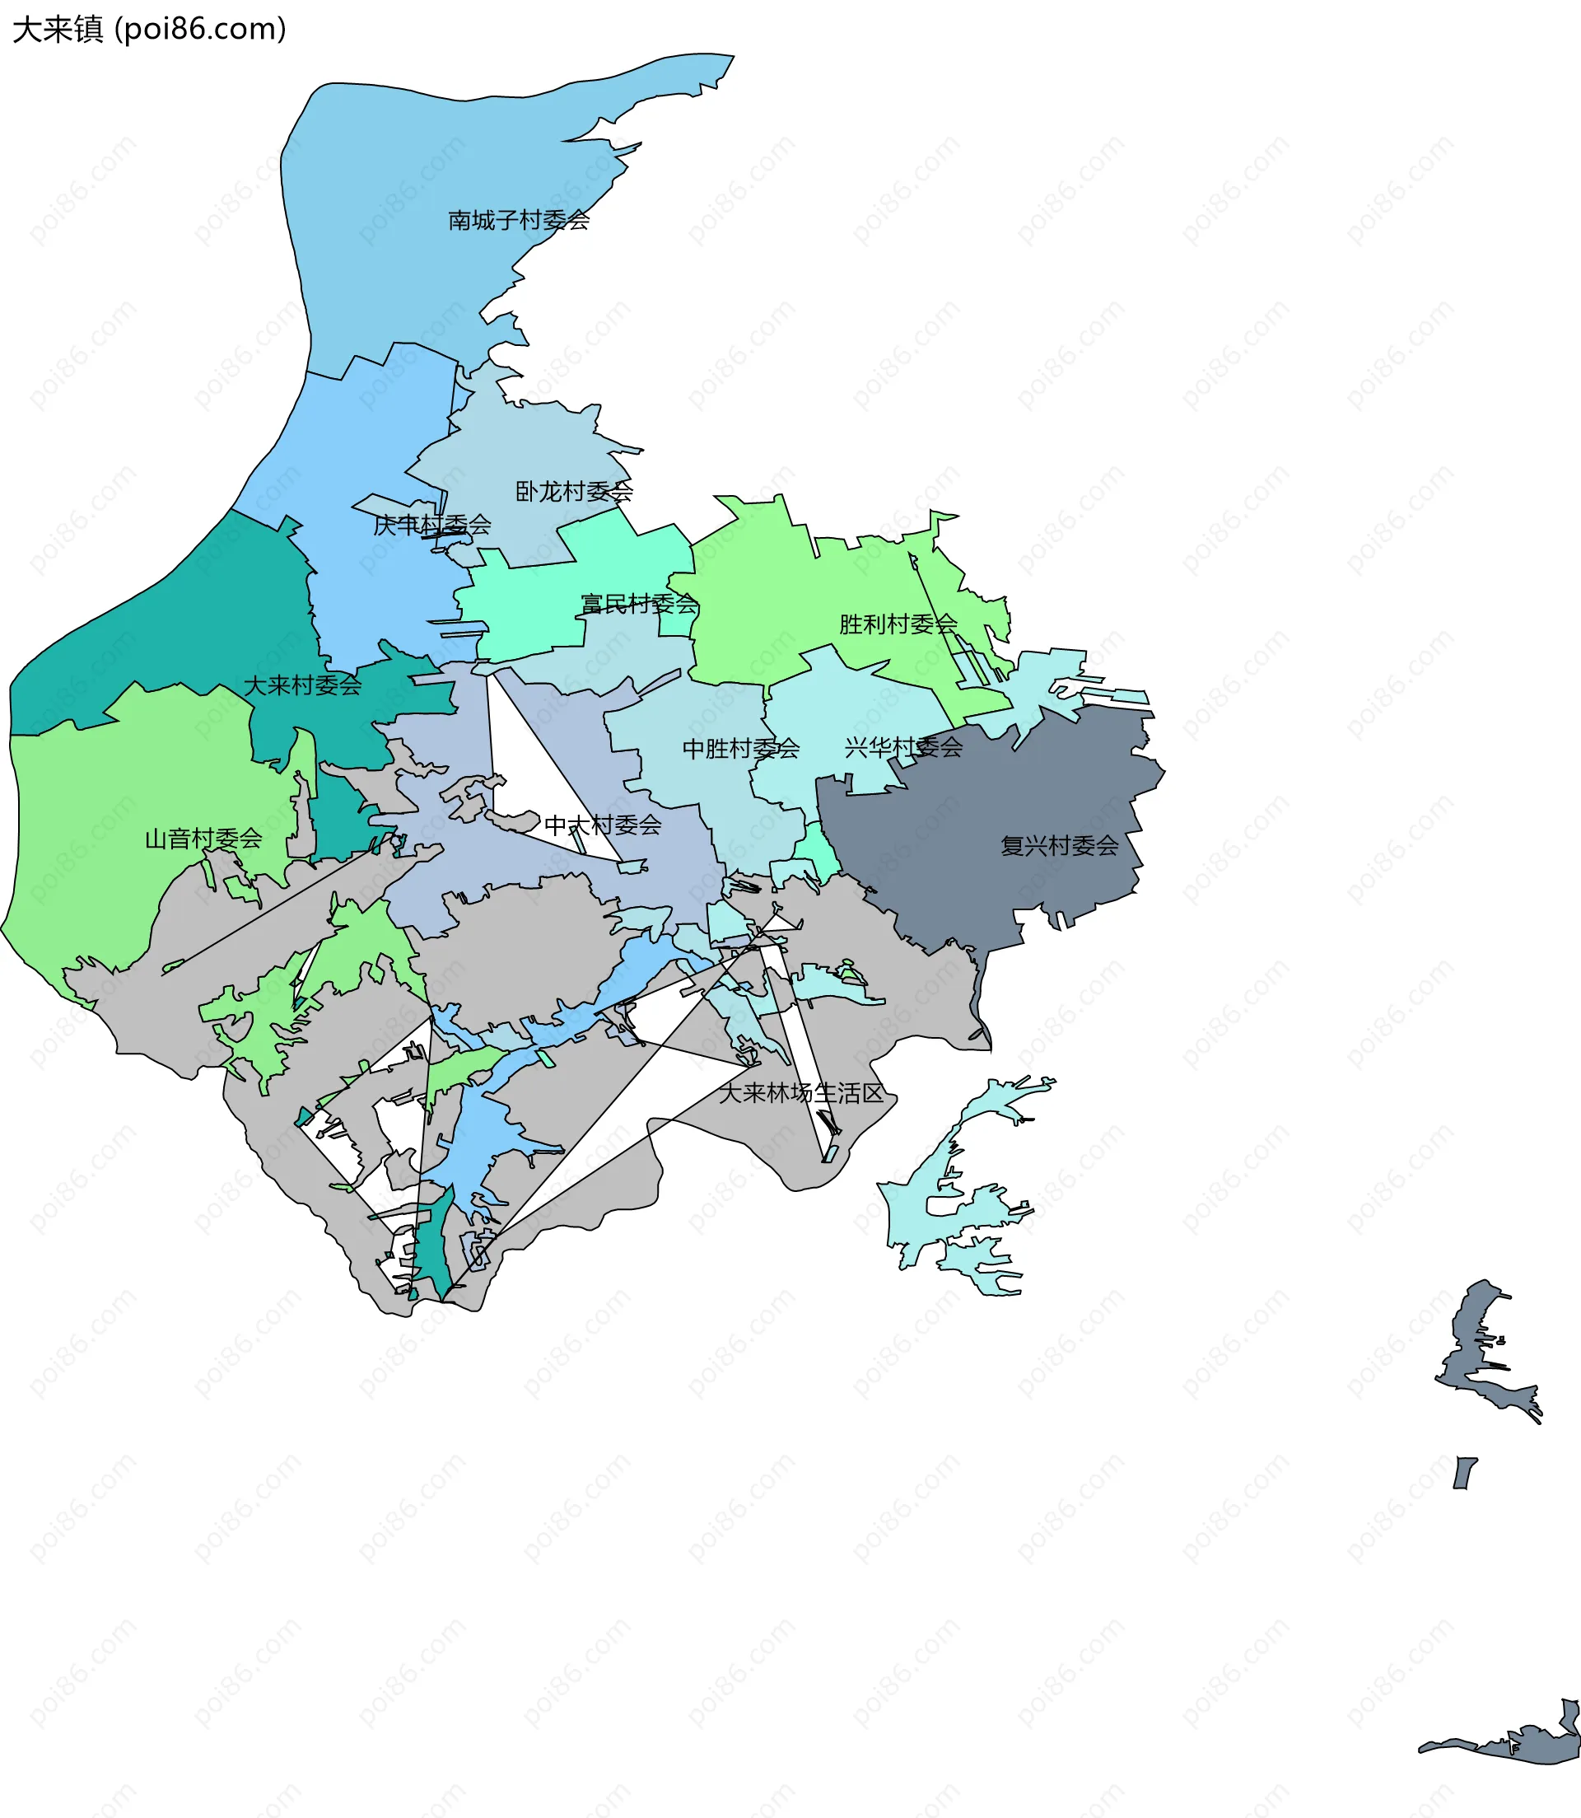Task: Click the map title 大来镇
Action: click(x=58, y=29)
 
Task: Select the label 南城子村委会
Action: click(x=518, y=220)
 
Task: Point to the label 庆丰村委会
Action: click(x=431, y=525)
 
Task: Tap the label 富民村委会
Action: click(x=639, y=604)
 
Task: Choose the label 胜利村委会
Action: click(x=898, y=624)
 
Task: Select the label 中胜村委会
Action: click(x=740, y=749)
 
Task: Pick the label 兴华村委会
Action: click(x=902, y=747)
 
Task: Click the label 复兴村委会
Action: click(x=1059, y=845)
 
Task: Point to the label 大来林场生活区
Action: click(x=800, y=1092)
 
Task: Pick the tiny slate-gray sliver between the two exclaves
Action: click(x=1465, y=1472)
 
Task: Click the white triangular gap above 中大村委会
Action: click(x=520, y=759)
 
